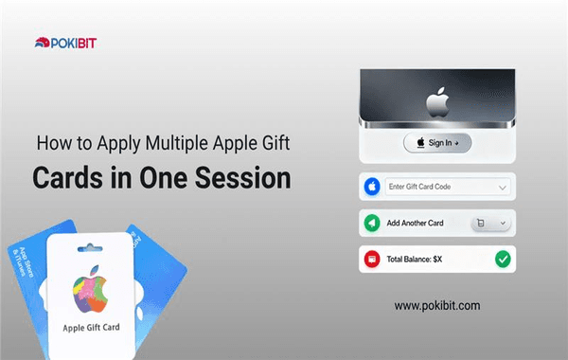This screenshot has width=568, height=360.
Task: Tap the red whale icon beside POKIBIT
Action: point(43,41)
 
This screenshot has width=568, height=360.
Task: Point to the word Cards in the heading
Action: point(68,178)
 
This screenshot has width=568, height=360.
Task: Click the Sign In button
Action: point(437,143)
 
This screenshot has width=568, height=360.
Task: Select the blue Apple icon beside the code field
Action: point(372,187)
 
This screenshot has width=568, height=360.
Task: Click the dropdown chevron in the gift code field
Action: point(503,187)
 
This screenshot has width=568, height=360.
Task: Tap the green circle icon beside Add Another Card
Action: point(372,224)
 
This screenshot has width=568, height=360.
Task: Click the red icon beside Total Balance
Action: point(372,259)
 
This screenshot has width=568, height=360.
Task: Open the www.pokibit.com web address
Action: point(436,305)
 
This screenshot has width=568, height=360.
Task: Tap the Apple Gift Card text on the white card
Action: point(93,328)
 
